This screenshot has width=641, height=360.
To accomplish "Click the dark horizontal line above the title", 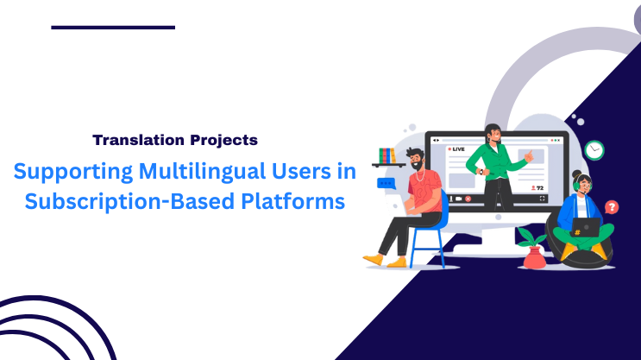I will coord(113,28).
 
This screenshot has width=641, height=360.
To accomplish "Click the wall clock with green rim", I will coord(594,150).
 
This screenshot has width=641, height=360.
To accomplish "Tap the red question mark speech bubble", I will coord(612,207).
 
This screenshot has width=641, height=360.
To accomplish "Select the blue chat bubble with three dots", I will coord(386,182).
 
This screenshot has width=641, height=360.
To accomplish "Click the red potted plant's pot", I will coord(534,256).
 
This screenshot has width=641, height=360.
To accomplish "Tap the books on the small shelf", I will coord(387,155).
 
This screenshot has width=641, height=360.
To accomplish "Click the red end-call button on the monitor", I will coord(468,199).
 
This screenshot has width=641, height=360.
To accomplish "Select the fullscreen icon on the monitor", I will coord(543,199).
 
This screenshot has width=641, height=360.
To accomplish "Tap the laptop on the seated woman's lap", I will coord(586,226).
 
